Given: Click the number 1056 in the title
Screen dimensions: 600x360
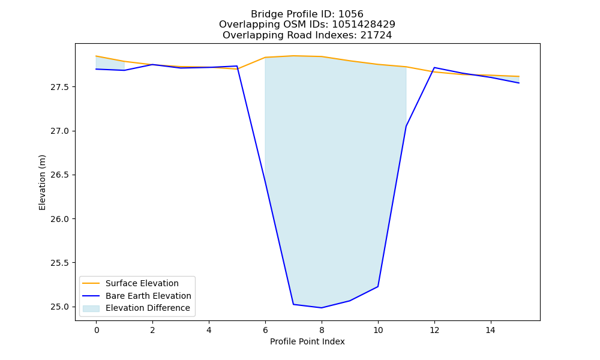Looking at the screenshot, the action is (351, 14).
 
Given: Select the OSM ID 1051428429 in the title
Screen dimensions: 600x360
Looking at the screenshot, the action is (364, 25).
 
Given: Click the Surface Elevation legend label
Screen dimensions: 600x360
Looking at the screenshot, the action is (142, 283).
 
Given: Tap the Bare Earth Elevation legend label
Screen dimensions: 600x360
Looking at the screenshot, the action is (148, 296).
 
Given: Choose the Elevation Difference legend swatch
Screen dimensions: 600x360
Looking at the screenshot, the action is (91, 308).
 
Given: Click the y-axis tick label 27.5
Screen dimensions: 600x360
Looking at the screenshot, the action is (59, 87).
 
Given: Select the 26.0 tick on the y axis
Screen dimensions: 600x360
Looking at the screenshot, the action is (59, 219).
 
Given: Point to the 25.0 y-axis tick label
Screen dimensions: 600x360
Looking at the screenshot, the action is (59, 307).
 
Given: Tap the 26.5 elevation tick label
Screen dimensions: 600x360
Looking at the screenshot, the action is (59, 175).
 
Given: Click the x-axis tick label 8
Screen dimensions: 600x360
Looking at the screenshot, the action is (322, 330).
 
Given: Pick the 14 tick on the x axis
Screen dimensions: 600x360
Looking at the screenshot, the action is (491, 330).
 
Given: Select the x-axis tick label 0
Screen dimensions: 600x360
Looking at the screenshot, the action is (97, 330).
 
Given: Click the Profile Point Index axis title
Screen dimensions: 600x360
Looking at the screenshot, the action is (307, 341).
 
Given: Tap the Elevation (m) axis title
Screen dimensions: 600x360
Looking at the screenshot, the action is (42, 182).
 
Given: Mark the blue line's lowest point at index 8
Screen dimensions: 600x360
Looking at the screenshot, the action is (322, 308).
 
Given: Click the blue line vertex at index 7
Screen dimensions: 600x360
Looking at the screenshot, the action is (293, 304).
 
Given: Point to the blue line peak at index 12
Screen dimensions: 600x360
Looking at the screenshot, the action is (434, 68).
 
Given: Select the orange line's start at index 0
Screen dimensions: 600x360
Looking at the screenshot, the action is (96, 56).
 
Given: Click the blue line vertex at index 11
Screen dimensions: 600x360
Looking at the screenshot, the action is (406, 126).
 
